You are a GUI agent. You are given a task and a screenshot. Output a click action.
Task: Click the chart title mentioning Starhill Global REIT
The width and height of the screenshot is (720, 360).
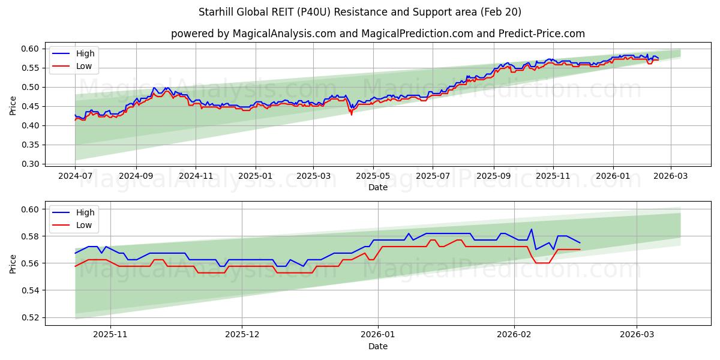(x=360, y=12)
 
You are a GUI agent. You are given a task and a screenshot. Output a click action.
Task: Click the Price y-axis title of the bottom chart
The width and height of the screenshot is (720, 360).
(x=13, y=263)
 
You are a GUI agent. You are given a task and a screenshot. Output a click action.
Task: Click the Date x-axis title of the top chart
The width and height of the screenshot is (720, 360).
(x=378, y=187)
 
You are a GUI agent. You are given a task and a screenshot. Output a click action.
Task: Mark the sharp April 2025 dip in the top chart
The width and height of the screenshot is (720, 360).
(x=352, y=114)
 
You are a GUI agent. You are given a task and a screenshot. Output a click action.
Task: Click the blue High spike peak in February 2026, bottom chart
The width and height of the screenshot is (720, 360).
(x=531, y=229)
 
